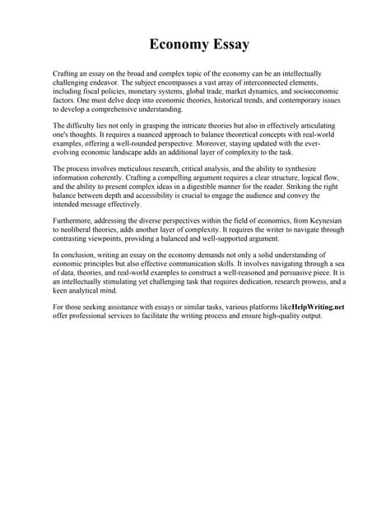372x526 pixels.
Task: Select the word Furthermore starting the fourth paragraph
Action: point(75,222)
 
